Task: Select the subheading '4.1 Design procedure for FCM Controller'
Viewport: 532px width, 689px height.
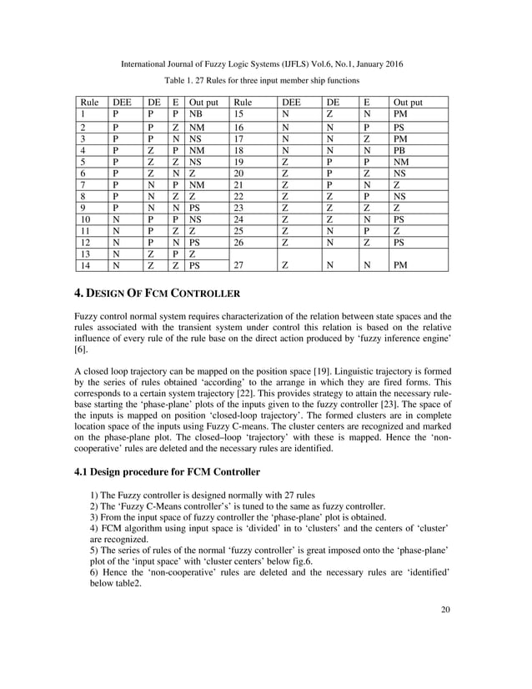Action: [168, 471]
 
